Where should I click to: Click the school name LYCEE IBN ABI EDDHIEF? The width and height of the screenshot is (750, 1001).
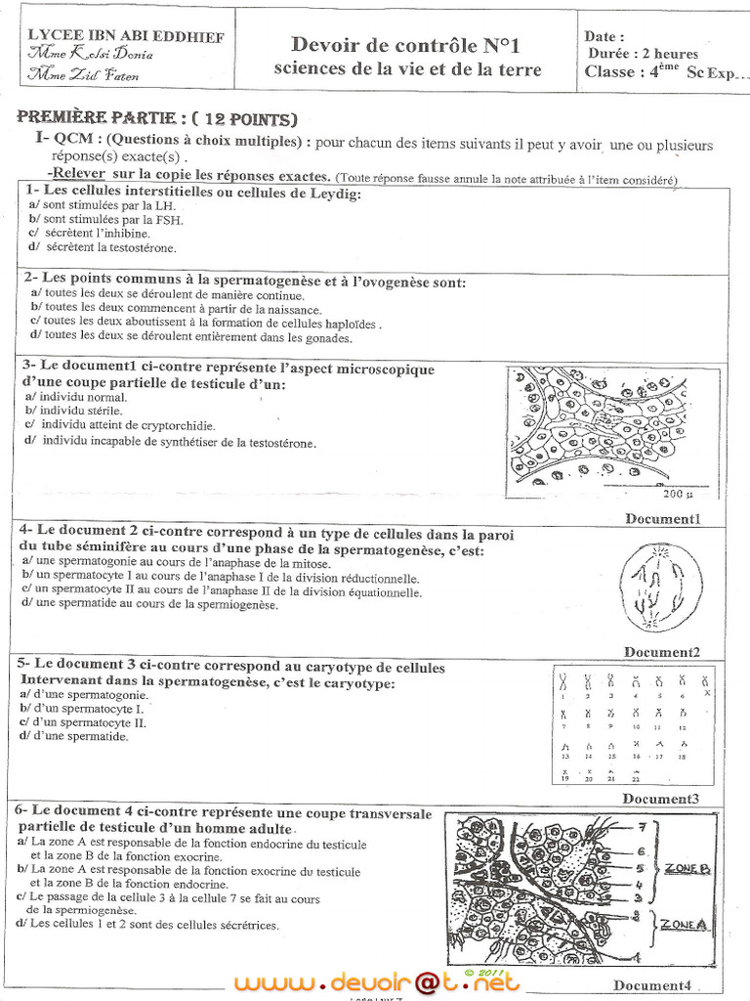tap(125, 37)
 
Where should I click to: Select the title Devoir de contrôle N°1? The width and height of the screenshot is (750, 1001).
tap(406, 45)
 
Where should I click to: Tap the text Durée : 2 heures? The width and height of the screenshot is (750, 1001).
tap(643, 54)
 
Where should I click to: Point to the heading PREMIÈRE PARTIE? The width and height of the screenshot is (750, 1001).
tap(157, 118)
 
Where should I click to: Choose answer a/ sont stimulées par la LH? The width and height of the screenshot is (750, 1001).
tap(103, 206)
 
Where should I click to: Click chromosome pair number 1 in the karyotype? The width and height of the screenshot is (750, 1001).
tap(562, 681)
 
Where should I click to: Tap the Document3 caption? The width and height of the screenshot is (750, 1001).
tap(661, 799)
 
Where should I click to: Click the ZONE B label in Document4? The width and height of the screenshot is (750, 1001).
tap(687, 867)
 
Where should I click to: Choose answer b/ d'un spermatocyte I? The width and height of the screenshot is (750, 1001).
tap(82, 708)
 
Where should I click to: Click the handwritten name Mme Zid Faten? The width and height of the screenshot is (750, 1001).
tap(85, 74)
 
